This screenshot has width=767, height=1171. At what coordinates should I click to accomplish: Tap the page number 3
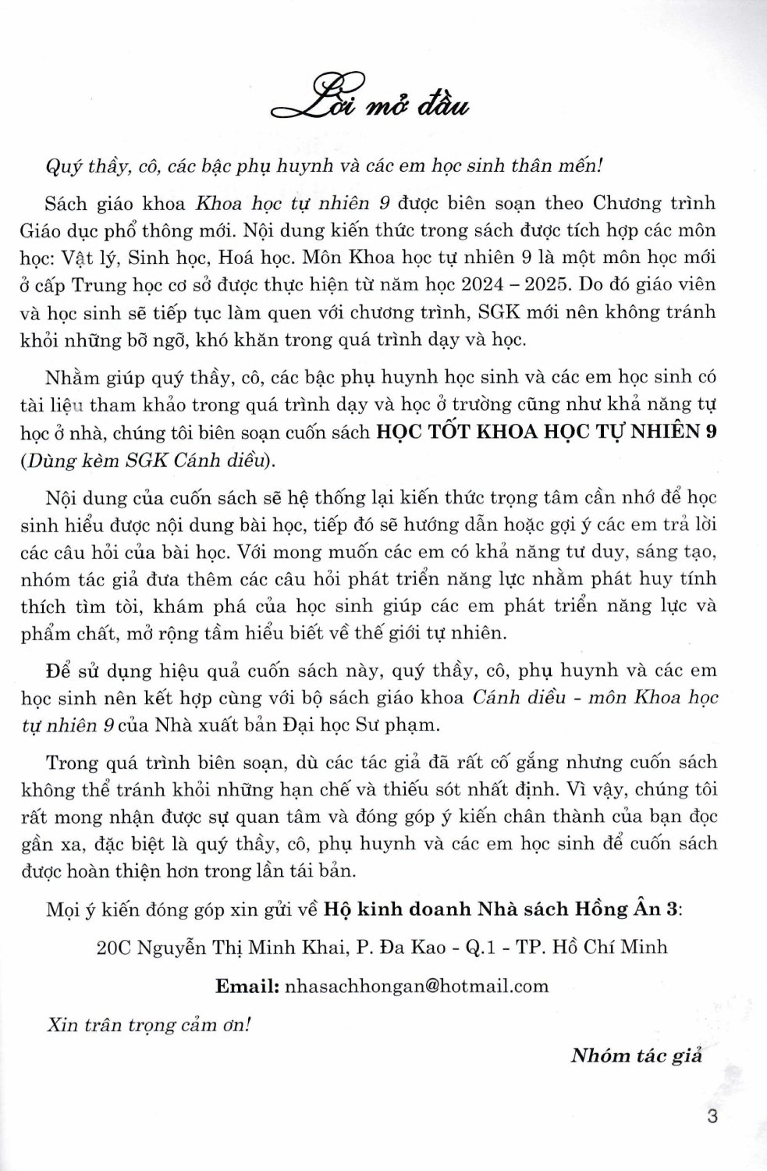pos(711,1116)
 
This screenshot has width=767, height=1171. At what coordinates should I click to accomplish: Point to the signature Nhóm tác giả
pos(636,1055)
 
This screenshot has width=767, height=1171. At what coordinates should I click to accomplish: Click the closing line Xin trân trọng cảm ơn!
pos(148,1024)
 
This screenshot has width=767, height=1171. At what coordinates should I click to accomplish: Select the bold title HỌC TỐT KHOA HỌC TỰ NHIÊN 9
pos(546,432)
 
